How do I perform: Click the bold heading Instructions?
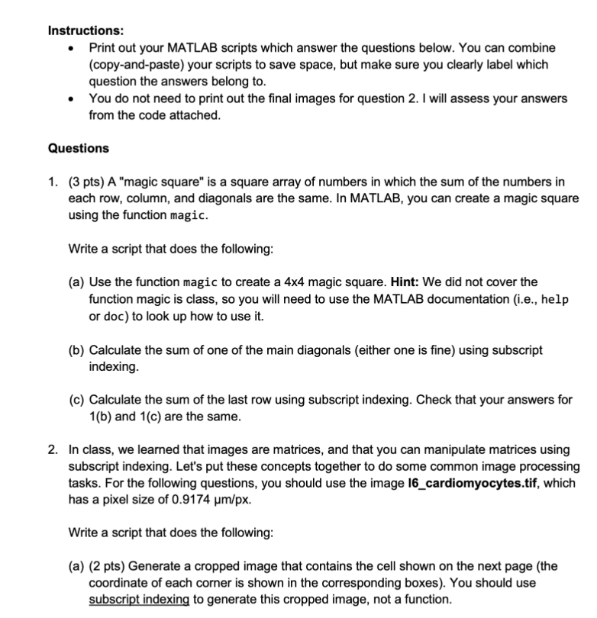point(86,31)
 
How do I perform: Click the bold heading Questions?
point(78,148)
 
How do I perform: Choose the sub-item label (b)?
point(77,349)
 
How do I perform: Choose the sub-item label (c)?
point(77,400)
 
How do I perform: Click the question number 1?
point(53,182)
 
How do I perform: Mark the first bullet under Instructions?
point(71,48)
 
